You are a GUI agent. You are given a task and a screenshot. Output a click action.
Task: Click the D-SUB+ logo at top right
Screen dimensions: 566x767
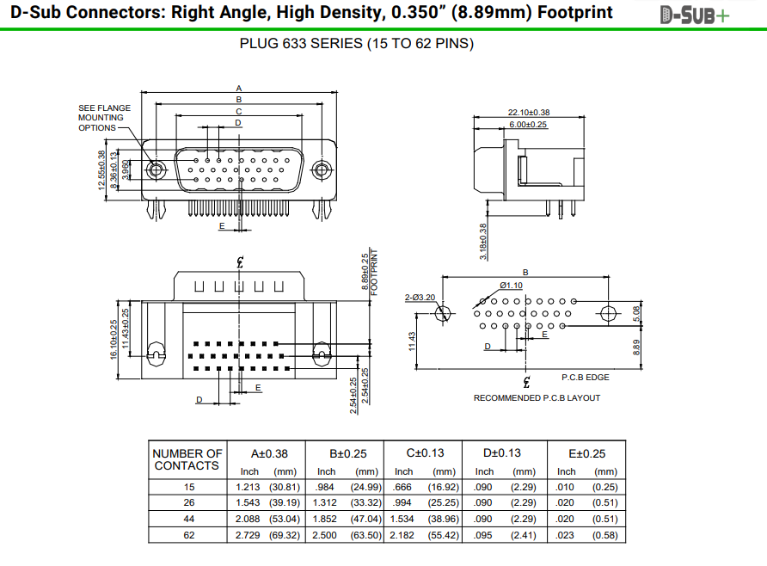click(x=695, y=15)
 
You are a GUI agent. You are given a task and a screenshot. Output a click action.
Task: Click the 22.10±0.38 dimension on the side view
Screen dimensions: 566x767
click(x=529, y=113)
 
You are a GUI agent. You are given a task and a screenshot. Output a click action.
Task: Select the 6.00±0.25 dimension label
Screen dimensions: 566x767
click(x=528, y=125)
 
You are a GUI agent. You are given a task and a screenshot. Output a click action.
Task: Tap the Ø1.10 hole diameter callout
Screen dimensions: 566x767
click(x=511, y=286)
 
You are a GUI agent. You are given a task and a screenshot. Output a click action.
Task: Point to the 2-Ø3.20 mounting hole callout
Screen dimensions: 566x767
click(x=420, y=298)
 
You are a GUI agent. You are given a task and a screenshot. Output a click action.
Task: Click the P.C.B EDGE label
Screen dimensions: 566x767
click(x=586, y=377)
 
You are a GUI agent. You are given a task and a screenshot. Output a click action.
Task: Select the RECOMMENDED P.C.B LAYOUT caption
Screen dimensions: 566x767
click(x=537, y=398)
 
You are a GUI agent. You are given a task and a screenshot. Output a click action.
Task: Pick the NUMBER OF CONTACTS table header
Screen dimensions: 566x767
click(x=187, y=459)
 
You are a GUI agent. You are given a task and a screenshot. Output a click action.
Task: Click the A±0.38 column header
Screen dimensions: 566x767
click(x=269, y=453)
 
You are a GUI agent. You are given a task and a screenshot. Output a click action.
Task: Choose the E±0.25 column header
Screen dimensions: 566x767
click(x=587, y=453)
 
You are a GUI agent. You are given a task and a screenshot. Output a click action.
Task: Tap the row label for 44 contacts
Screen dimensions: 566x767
click(x=189, y=519)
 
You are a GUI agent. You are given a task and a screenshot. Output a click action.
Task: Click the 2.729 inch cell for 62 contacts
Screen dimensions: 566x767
click(x=248, y=535)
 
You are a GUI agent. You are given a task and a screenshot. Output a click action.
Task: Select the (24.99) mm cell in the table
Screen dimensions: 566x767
click(x=365, y=487)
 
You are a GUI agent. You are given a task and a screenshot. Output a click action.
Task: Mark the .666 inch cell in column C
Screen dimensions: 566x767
click(x=404, y=487)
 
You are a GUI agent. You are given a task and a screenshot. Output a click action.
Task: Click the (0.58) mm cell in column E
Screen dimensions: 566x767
click(x=604, y=535)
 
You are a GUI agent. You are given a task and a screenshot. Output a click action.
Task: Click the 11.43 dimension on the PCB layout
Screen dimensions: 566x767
click(x=413, y=341)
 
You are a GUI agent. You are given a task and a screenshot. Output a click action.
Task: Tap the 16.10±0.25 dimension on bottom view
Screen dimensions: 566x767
click(x=114, y=340)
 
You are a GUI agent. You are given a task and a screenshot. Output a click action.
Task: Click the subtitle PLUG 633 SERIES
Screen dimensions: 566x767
click(x=356, y=44)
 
